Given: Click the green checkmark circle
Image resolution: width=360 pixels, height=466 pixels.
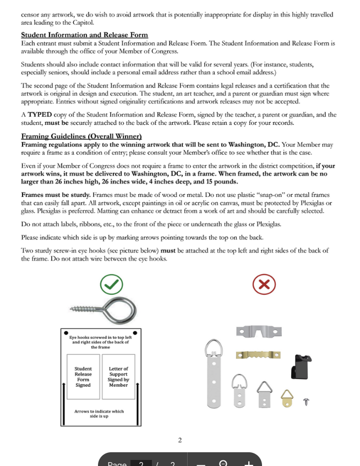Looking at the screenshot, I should (x=112, y=284).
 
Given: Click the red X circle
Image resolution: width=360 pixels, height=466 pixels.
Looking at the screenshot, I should (x=264, y=284).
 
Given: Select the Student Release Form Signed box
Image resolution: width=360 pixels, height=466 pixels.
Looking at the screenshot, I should (x=83, y=377).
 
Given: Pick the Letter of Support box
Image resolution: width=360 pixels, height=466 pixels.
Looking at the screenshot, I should (x=118, y=377).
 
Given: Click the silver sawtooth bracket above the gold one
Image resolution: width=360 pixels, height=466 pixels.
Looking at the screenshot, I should (x=259, y=332).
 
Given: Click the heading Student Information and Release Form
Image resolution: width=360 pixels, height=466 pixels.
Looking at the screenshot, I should (x=84, y=35).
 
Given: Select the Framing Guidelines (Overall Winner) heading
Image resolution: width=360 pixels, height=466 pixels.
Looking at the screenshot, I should (x=81, y=136).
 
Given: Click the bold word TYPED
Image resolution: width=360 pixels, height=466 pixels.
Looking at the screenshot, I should (x=40, y=114).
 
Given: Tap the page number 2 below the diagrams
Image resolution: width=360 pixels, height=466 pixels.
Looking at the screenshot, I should (x=180, y=440).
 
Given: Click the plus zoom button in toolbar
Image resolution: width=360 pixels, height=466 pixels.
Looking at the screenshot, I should (x=249, y=463).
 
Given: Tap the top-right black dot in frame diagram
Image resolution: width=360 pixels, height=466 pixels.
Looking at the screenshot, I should (x=135, y=332).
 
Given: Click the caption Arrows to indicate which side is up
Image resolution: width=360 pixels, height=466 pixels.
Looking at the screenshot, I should (x=99, y=414).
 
